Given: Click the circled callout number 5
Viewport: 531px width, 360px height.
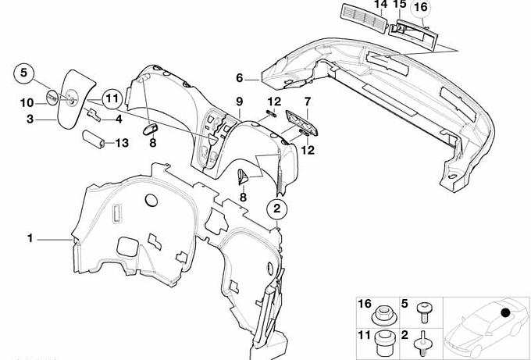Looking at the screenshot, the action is pos(23,73).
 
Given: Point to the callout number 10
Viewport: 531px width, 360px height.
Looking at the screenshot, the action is pos(27,103).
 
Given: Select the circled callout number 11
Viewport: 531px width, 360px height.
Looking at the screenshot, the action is pos(112,98).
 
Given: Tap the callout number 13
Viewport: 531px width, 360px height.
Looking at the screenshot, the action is pos(122,143).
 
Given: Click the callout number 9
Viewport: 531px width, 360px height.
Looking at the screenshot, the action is pos(240,102).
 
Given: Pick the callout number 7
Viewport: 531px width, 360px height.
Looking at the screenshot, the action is pos(307,102).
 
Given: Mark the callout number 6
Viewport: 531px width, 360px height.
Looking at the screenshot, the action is pos(240,78).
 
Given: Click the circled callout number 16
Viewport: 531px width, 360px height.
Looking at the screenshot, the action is pos(421,8).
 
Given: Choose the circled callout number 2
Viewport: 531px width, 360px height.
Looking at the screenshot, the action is pos(277,209).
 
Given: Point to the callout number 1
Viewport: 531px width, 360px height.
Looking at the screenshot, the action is pos(30,238).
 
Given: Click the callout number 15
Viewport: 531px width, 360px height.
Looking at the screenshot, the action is pos(400,4).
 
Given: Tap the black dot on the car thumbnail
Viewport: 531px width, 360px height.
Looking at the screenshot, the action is pos(505,312).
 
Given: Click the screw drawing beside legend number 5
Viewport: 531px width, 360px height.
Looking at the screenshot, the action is pos(423,312).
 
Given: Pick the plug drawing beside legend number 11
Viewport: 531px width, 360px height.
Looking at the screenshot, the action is pos(385,343).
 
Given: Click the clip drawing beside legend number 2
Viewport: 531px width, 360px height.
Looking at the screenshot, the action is pos(422,344).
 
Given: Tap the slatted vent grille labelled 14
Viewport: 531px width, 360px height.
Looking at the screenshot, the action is pos(363,19).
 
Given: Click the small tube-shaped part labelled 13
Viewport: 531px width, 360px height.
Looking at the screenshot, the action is pos(93,139).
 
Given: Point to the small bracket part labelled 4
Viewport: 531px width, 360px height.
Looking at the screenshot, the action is pos(94,115).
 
